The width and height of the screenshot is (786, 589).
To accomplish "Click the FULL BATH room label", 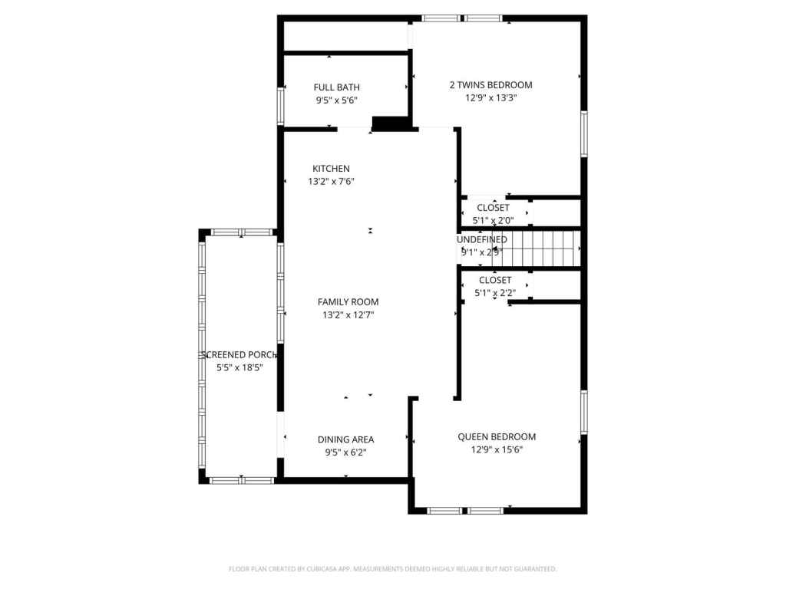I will (x=336, y=87).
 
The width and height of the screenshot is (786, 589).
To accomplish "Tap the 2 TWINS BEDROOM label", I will (x=490, y=85).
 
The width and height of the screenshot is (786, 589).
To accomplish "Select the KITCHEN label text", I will (x=331, y=169).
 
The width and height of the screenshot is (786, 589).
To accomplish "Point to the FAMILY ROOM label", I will (x=348, y=302).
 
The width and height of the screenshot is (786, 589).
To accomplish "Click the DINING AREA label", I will (x=345, y=439).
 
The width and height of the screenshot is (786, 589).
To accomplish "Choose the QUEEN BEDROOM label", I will (x=497, y=437).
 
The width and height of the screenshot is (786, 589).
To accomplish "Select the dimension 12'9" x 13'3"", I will (x=490, y=98).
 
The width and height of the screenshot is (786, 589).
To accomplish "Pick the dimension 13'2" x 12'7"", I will (x=348, y=315).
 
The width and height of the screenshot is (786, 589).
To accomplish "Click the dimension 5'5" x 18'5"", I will (x=239, y=368).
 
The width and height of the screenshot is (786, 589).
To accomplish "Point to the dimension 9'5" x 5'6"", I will (x=336, y=100).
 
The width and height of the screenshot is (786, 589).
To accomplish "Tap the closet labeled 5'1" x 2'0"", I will (x=493, y=209).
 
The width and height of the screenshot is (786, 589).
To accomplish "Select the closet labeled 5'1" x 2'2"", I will (x=495, y=281).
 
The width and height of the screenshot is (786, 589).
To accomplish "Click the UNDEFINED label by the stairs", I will (x=481, y=239).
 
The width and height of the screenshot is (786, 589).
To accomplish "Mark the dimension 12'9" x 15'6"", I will (x=497, y=450).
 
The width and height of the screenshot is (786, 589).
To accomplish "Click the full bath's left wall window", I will (x=281, y=100).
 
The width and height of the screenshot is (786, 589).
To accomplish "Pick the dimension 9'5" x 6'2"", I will (x=345, y=452).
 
